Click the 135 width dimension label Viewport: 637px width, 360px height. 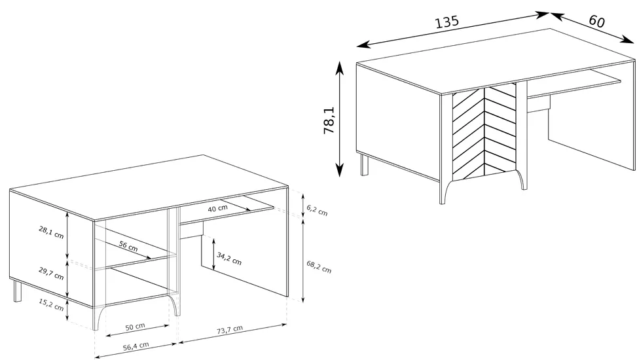(447, 22)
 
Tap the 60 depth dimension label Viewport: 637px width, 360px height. (596, 21)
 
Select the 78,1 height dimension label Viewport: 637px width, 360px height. (329, 120)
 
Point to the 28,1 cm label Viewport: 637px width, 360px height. (51, 232)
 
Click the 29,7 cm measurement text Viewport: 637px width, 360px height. (51, 274)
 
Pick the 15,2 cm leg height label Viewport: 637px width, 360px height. (51, 304)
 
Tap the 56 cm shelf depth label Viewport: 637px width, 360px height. (128, 246)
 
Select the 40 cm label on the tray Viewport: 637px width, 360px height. (218, 208)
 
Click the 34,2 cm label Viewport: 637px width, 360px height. (229, 259)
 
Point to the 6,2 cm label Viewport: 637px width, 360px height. (317, 210)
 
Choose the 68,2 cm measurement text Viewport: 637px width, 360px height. (319, 267)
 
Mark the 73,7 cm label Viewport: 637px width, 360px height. (230, 330)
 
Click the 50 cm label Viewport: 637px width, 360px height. (135, 327)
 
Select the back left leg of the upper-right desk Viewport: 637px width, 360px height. (365, 164)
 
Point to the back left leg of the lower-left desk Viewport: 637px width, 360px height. (17, 291)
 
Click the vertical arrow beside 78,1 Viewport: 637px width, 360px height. (340, 119)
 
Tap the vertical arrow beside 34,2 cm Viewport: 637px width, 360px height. (213, 255)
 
